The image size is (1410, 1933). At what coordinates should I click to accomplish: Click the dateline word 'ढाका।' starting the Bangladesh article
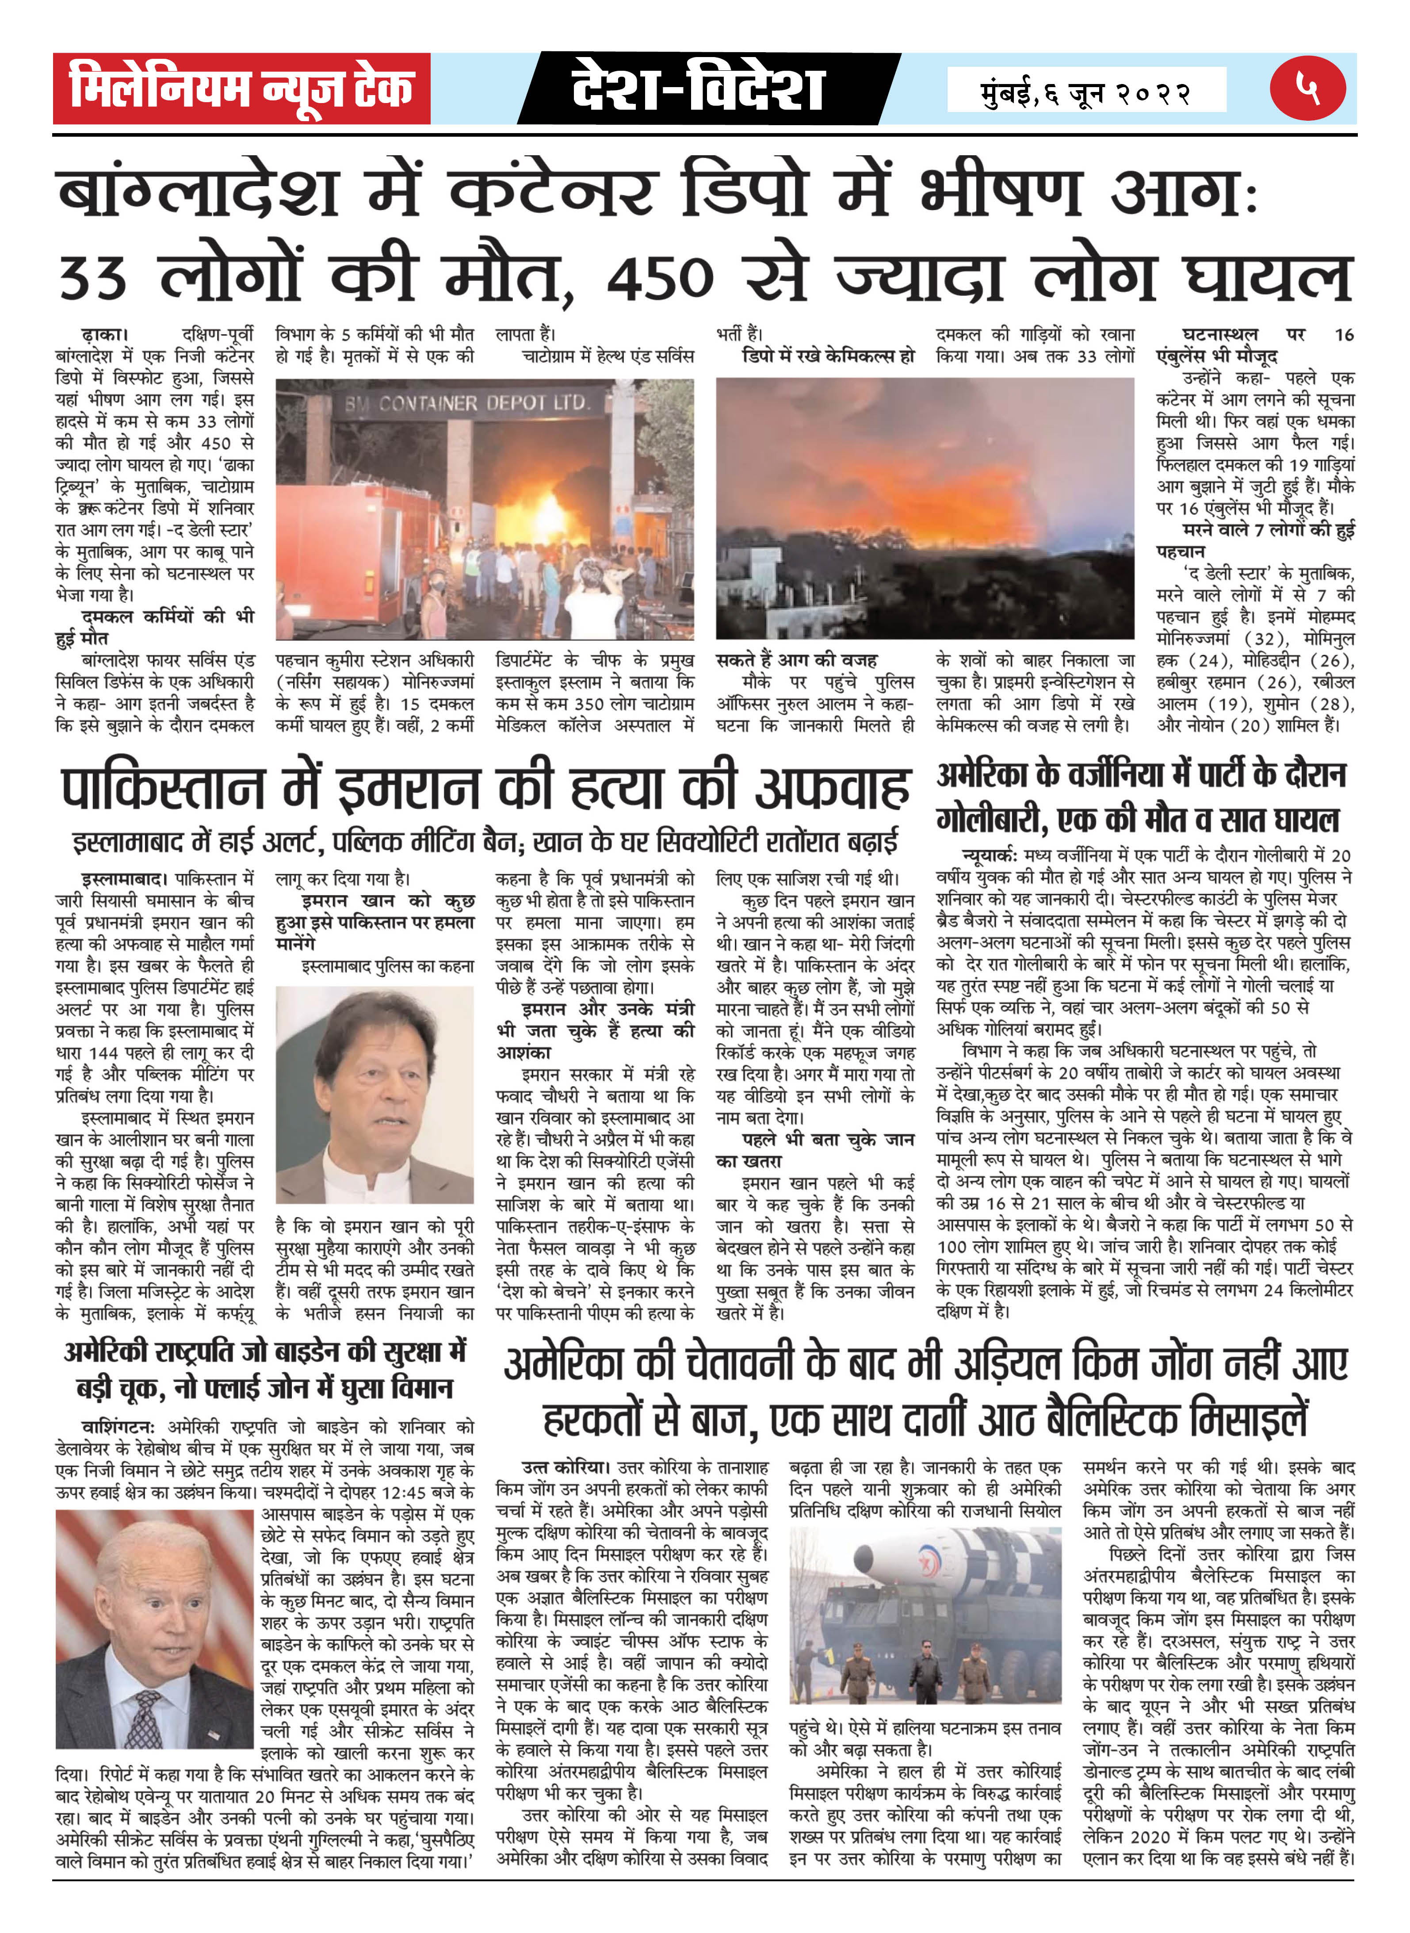tap(105, 335)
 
